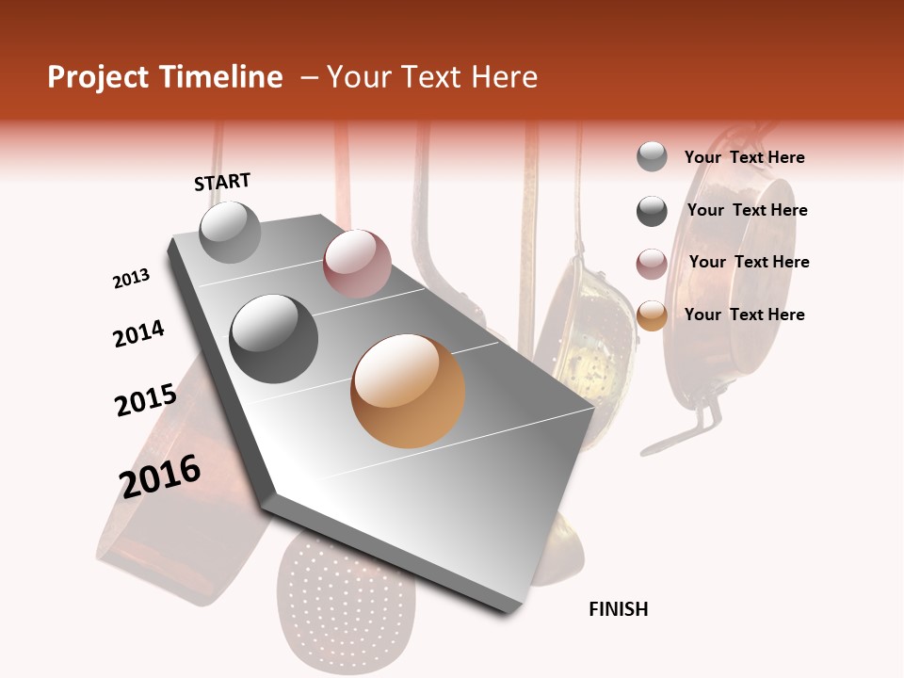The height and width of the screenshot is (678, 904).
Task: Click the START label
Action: coord(222,182)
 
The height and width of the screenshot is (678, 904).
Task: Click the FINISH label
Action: coord(619,609)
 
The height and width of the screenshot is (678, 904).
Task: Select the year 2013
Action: coord(131,279)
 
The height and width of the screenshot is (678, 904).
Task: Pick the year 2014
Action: coord(138,333)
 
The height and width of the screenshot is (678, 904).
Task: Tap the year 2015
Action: coord(146,400)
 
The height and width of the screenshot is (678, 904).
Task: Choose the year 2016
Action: coord(160,476)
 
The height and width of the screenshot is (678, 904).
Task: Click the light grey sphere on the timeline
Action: coord(230,232)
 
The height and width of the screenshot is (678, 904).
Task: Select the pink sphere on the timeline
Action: coord(357,264)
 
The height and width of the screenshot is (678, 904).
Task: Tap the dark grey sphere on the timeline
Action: coord(274,339)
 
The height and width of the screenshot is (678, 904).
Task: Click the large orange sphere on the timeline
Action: coord(408,391)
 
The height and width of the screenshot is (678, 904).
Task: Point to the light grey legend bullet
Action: coord(652,157)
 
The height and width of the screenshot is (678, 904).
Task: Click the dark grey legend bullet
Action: coord(652,211)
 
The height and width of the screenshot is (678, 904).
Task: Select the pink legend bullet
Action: coord(652,264)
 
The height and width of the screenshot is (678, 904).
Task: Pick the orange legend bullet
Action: coord(652,315)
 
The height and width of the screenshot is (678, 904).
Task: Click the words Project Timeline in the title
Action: coord(165,77)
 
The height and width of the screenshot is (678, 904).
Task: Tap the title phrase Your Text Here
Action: coord(432,77)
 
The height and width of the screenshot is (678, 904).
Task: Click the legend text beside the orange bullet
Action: coord(745,315)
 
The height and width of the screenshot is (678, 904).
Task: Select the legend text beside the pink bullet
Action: coord(749,262)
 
